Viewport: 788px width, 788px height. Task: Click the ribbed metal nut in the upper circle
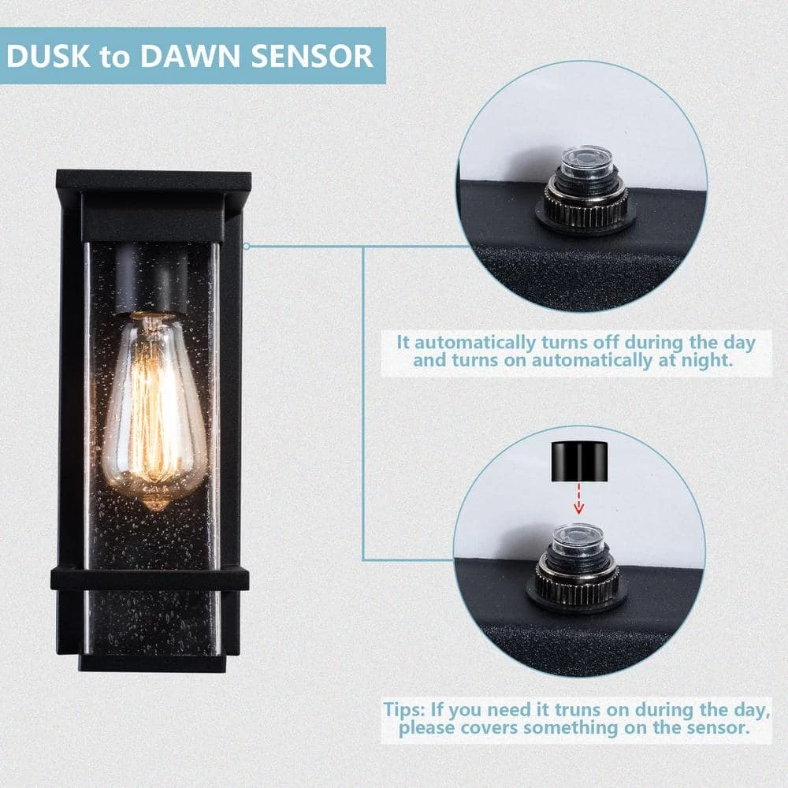coord(586,206)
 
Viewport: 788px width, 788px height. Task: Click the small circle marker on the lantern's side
coord(247,246)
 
